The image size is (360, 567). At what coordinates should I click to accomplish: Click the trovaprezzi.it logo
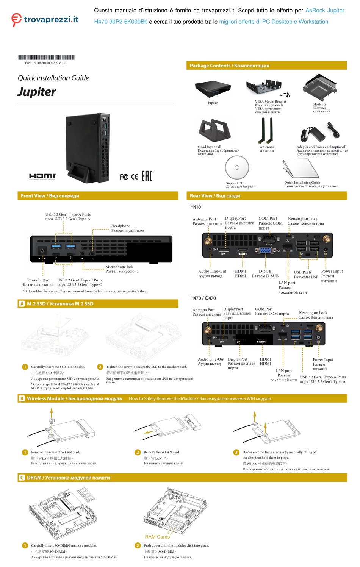click(x=45, y=20)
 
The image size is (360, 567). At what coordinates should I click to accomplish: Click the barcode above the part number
click(x=46, y=58)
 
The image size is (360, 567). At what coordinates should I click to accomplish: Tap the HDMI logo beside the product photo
click(x=42, y=176)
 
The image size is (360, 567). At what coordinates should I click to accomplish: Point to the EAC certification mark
click(x=147, y=176)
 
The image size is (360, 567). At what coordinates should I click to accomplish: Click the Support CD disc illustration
click(x=237, y=168)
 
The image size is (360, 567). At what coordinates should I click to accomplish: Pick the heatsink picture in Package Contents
click(x=320, y=88)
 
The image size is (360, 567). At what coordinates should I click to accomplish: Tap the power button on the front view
click(x=42, y=251)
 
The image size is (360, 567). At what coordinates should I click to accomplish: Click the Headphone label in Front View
click(x=121, y=226)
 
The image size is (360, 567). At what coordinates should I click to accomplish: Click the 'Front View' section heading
click(x=50, y=196)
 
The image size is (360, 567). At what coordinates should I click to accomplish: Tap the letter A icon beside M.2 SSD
click(x=22, y=304)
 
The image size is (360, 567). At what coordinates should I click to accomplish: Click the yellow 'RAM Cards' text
click(x=157, y=537)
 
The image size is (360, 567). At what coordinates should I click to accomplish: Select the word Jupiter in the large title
click(x=37, y=92)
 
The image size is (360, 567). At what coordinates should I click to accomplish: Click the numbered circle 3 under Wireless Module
click(x=236, y=452)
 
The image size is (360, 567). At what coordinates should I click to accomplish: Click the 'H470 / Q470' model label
click(x=203, y=298)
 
